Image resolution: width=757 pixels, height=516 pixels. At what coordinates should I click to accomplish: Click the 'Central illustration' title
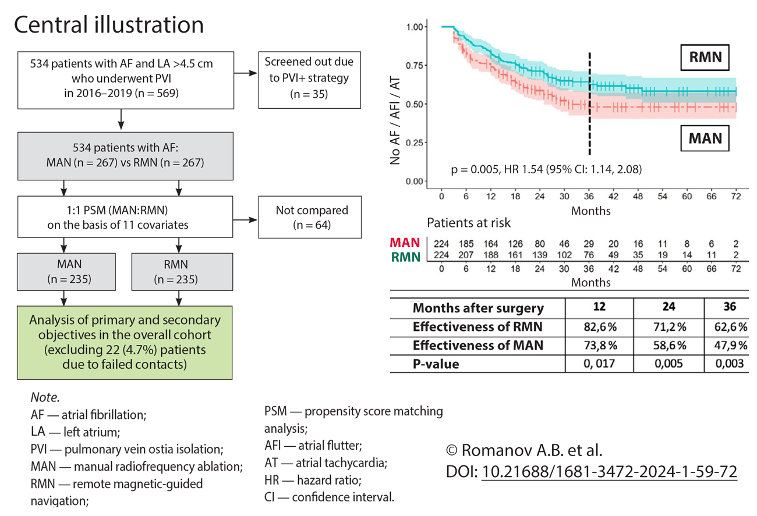pos(108,24)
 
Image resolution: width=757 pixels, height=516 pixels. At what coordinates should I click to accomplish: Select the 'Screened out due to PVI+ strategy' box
pos(309,81)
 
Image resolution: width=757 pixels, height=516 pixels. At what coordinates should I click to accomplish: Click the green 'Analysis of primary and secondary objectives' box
pos(125,343)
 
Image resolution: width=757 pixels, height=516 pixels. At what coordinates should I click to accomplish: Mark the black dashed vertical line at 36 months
pos(590,105)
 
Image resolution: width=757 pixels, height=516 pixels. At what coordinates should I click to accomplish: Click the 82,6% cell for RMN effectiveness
pos(601,327)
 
